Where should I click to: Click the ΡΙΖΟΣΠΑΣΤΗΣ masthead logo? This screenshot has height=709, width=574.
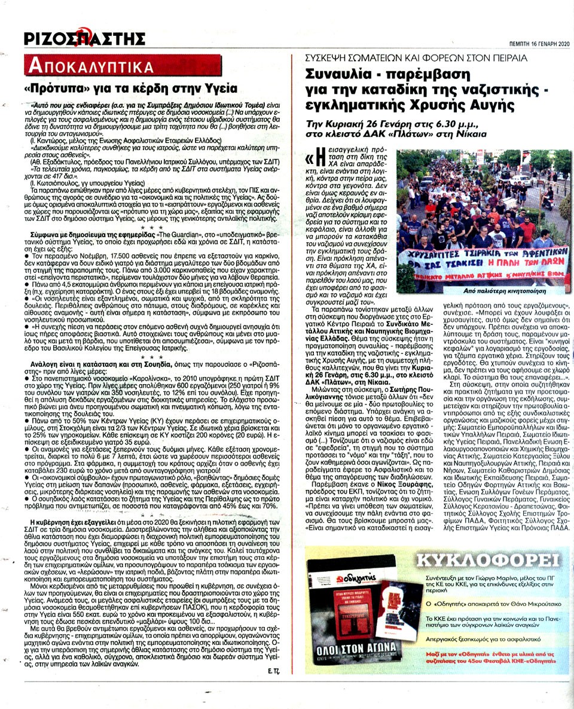click(x=84, y=39)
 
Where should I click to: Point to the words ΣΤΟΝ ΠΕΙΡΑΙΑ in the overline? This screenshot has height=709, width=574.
click(x=494, y=58)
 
